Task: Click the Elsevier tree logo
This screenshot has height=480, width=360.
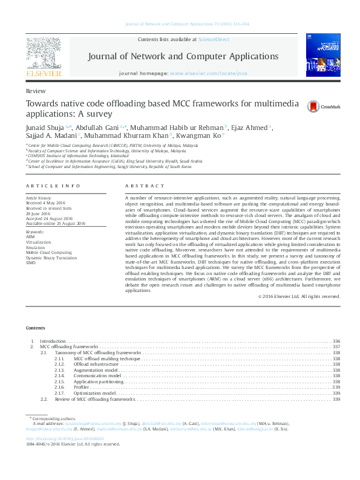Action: [43, 53]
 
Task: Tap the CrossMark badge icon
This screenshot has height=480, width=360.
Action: [313, 106]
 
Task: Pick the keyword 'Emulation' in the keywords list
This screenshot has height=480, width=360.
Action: [36, 247]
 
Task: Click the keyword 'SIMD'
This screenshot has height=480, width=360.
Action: [31, 263]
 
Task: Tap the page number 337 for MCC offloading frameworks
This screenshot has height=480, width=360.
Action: [336, 346]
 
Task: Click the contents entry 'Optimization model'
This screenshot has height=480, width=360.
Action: [94, 393]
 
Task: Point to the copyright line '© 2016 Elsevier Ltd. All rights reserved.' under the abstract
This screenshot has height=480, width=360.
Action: [299, 296]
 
